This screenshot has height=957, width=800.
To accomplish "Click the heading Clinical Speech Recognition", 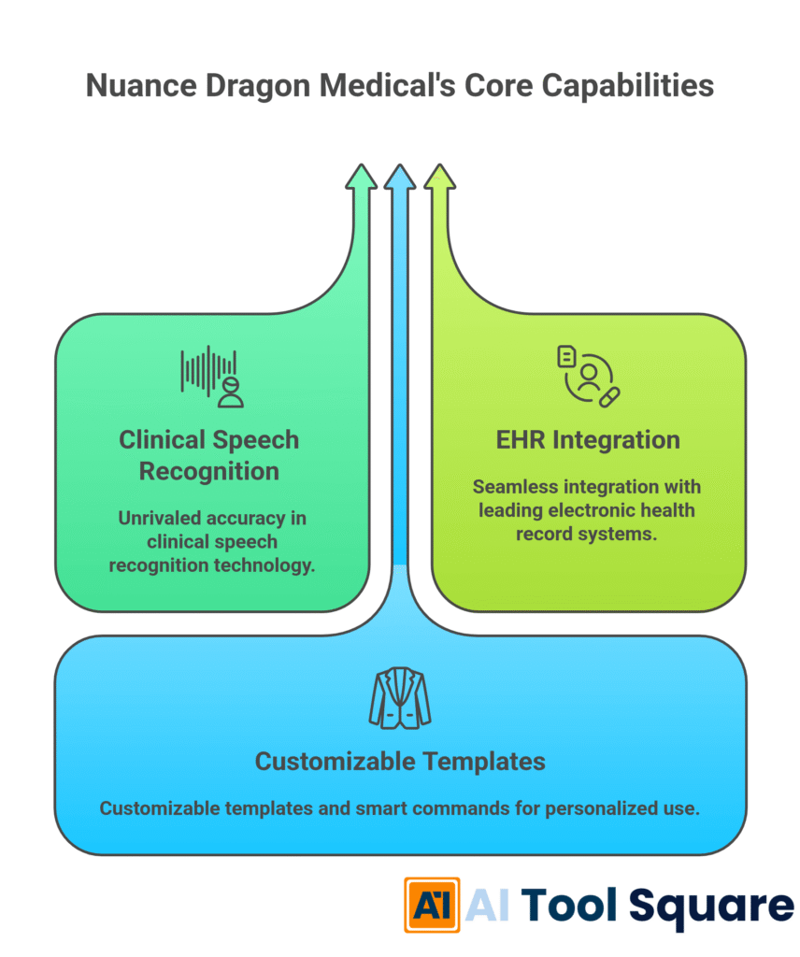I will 209,455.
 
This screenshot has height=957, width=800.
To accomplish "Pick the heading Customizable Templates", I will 400,761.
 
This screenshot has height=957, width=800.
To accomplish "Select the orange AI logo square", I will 431,905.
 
